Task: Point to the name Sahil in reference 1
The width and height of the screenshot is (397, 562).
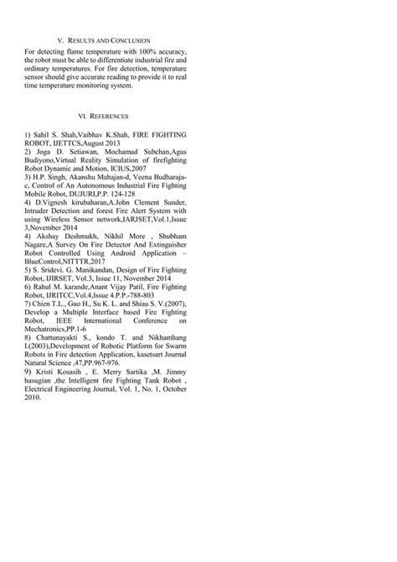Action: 44,134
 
